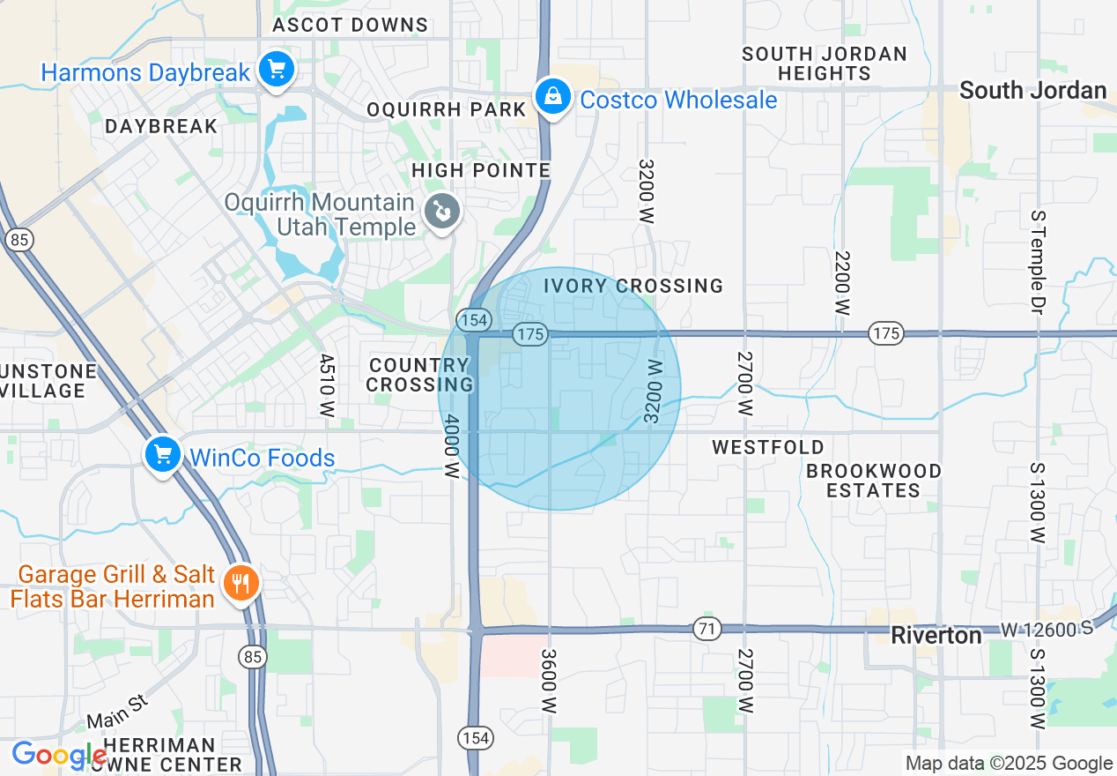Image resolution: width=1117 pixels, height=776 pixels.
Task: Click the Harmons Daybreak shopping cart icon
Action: coord(276,70)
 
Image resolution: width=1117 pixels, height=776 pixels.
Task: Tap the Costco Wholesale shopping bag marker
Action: coord(551,97)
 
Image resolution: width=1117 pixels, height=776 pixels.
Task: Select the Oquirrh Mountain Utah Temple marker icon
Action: coord(441,213)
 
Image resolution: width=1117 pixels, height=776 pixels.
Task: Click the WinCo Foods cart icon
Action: coord(163,456)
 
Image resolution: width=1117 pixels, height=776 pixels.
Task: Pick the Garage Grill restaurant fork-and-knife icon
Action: coord(240,583)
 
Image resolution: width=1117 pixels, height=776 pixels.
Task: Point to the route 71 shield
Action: coord(706,629)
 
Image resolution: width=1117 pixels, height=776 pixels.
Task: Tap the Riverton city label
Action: coord(936,636)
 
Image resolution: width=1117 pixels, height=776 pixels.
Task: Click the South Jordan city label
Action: coord(1032,90)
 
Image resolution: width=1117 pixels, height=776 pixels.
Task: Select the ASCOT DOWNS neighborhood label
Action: coord(350,25)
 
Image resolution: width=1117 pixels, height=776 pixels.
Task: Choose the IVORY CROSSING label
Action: coord(632,286)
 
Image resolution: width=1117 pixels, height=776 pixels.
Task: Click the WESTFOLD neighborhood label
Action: coord(768,447)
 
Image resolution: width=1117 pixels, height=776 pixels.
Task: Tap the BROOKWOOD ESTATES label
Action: coord(873,481)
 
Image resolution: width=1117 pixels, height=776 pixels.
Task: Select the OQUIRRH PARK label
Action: coord(446,109)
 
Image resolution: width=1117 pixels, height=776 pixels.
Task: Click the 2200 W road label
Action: coord(843,283)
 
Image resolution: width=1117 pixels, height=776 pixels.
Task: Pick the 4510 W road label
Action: coord(328,385)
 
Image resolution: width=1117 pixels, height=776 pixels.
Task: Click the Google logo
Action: coord(59,756)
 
